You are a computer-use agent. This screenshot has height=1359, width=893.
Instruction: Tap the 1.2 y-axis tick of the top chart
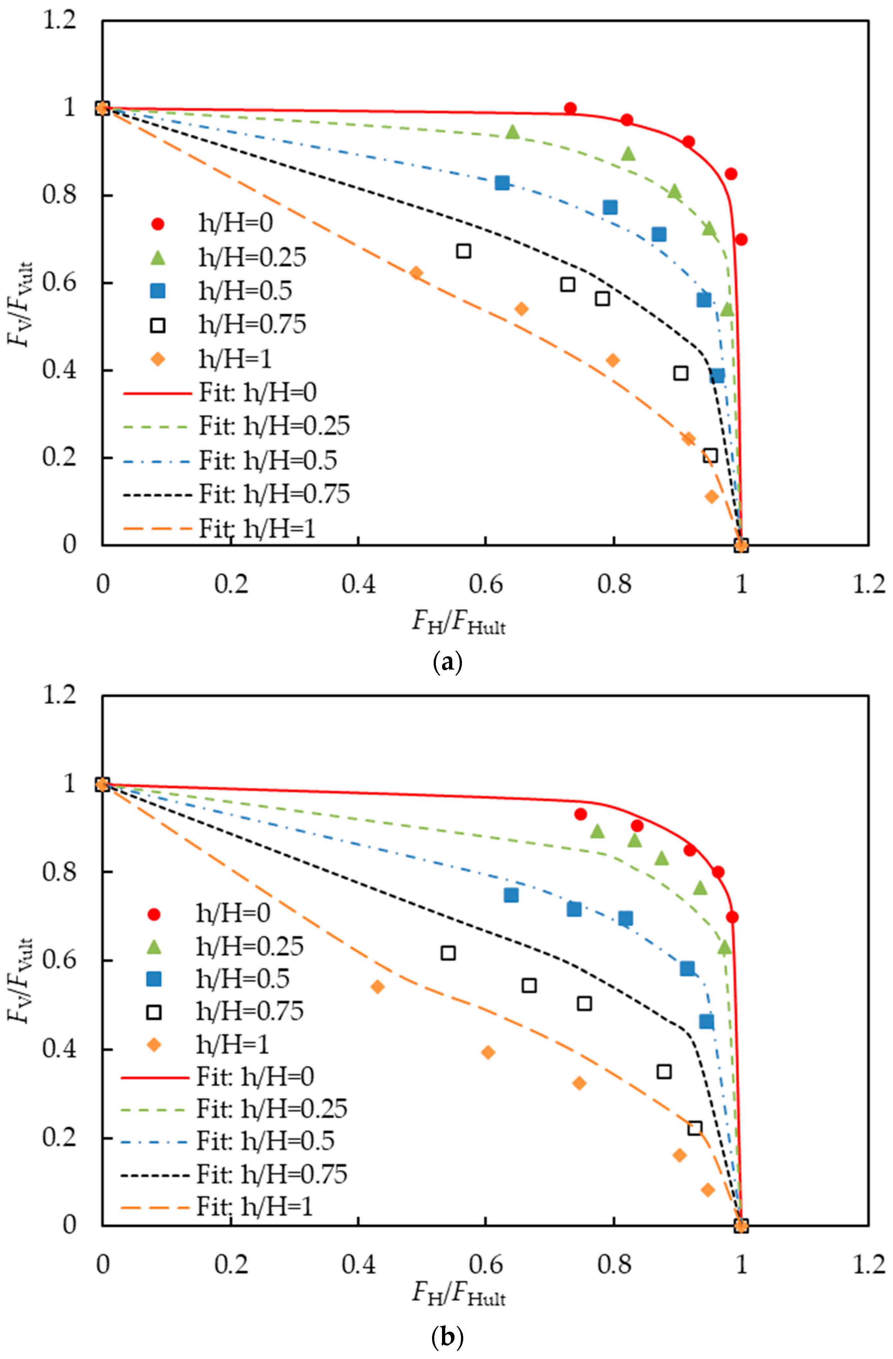59,21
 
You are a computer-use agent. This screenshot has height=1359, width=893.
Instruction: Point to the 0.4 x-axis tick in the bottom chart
358,1264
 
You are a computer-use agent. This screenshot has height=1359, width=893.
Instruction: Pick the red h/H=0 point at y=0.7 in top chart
741,239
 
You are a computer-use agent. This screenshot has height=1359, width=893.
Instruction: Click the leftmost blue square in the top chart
501,183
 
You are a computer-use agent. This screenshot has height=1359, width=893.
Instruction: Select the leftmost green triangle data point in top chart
512,132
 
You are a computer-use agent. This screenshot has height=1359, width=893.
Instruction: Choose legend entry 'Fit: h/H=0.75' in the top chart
274,494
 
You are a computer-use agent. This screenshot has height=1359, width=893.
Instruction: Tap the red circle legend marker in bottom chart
154,914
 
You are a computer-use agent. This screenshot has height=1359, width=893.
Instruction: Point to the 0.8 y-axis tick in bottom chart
59,872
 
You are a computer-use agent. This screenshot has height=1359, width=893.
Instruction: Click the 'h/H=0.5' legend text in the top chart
245,291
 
